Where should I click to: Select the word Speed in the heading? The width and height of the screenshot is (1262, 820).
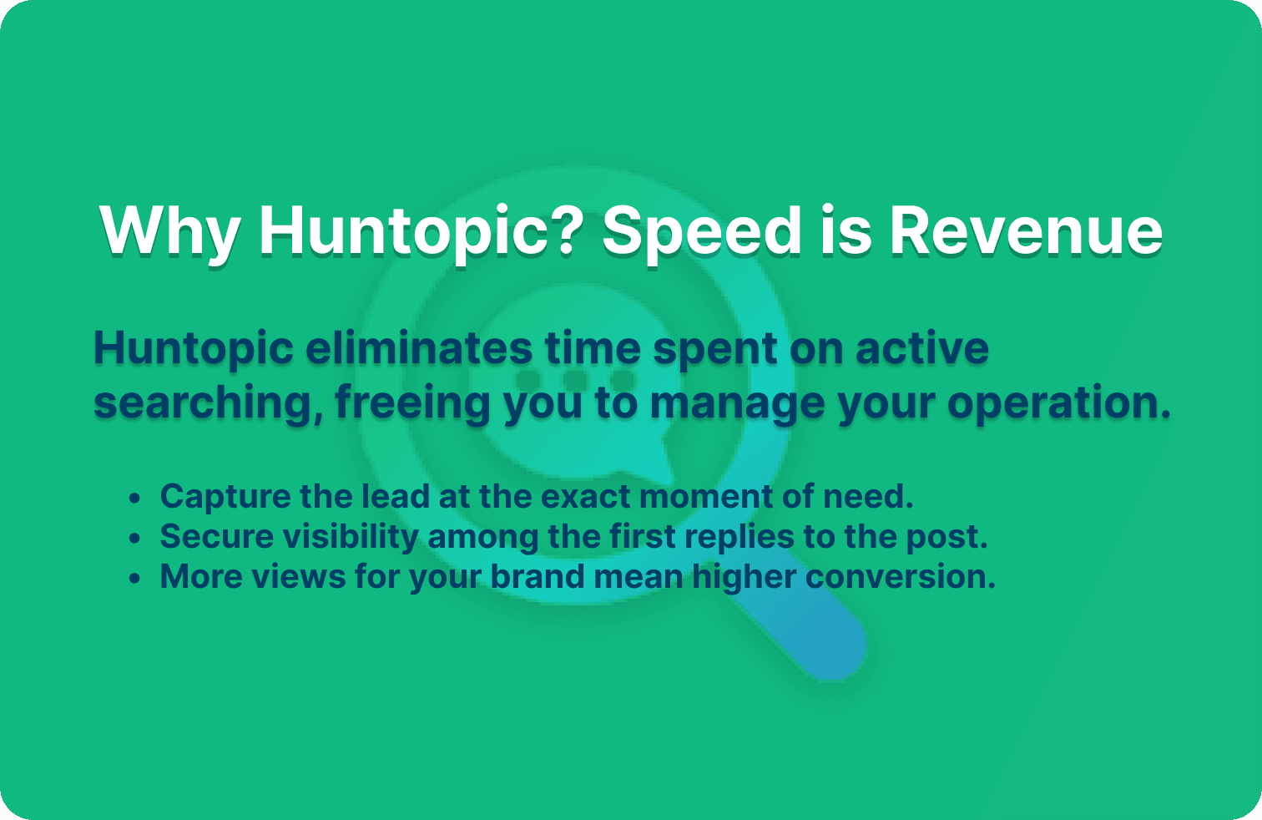(701, 231)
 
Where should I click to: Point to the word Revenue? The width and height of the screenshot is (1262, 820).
(1025, 231)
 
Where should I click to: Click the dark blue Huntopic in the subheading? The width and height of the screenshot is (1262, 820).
(194, 347)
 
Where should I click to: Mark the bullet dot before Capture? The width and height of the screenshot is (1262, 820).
(135, 499)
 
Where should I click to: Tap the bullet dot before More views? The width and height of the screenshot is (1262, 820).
(135, 579)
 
